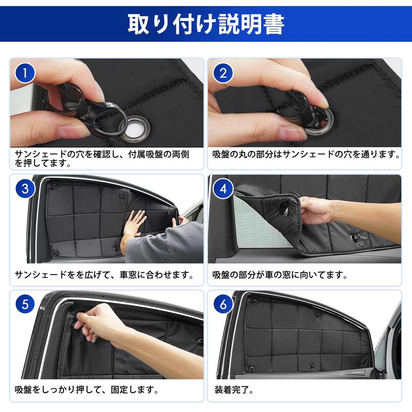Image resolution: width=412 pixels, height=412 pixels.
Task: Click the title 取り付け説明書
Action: coord(206,24)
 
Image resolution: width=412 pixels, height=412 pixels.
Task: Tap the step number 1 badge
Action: coord(25,73)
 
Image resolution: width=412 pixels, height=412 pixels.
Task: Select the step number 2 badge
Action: coord(223,73)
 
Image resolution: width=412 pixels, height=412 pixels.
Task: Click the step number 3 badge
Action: coord(25,188)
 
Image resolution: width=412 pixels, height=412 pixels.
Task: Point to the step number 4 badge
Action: coord(223,188)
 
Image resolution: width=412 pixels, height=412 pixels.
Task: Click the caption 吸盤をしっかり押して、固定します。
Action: coord(87,389)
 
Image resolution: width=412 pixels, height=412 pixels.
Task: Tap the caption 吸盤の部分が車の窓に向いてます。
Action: coord(280,275)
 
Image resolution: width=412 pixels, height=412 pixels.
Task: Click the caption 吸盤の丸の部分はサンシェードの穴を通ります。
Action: coord(306,154)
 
